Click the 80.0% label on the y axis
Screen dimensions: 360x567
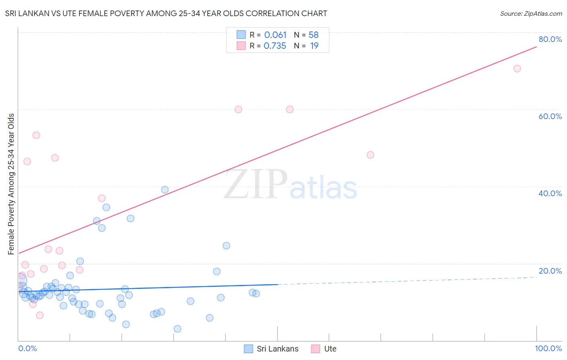click(550, 39)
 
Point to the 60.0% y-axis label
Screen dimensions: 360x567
click(550, 116)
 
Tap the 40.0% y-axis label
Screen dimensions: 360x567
click(550, 193)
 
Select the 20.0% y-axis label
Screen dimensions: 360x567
click(550, 271)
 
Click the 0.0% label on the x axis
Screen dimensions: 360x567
click(27, 348)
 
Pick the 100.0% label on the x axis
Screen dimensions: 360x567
click(548, 348)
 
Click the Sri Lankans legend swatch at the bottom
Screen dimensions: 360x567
click(249, 349)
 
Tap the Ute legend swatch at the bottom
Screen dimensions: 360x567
click(315, 349)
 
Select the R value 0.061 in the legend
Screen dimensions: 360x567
click(275, 35)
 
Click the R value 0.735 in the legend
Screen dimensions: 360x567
click(275, 46)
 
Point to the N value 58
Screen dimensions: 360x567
click(314, 35)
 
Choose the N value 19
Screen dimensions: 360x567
click(314, 46)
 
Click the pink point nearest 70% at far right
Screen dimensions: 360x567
click(517, 69)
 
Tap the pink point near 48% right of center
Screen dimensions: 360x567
click(371, 155)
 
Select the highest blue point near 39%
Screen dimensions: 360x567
click(165, 190)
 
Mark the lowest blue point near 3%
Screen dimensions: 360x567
click(177, 329)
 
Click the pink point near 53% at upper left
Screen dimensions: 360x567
click(36, 135)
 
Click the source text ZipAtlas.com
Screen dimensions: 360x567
click(531, 13)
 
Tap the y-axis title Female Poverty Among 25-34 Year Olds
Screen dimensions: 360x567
click(11, 184)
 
